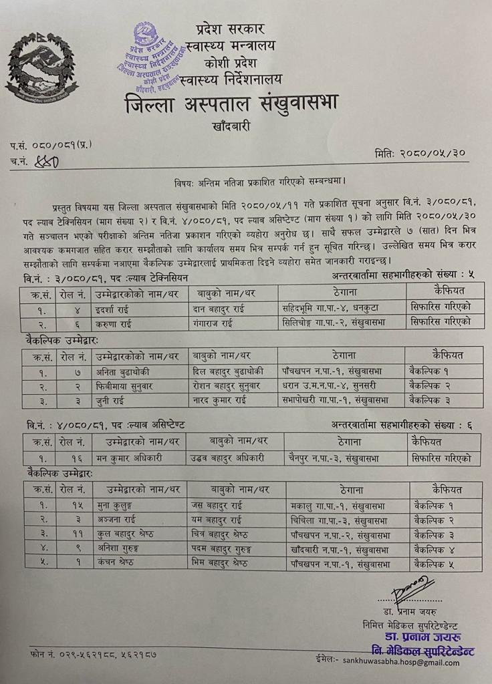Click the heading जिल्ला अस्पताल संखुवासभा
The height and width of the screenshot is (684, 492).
pos(231,104)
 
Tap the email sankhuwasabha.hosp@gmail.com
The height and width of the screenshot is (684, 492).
pos(401,663)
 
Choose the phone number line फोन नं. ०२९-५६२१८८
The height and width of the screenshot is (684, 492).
pos(94,654)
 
